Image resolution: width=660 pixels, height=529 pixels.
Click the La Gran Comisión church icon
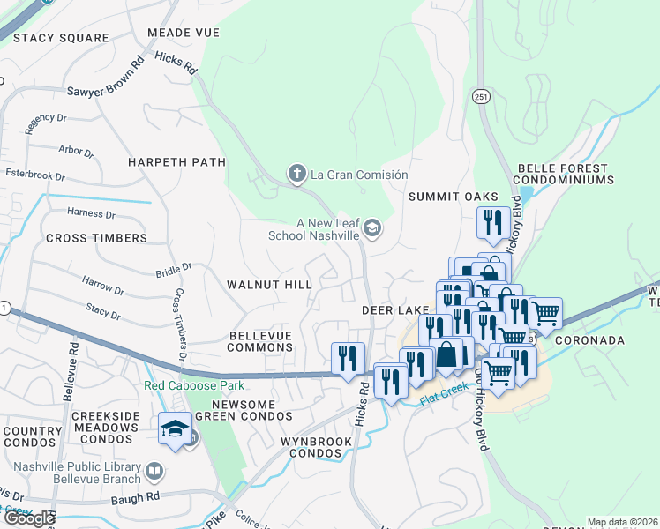pos(297,174)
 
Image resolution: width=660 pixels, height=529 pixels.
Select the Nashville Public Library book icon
pos(155,472)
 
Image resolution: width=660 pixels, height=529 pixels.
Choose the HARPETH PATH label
pos(176,162)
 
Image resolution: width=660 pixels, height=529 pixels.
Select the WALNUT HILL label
pos(269,285)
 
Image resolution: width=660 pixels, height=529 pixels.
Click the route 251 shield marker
pos(480,95)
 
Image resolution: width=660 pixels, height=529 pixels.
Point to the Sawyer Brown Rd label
pos(106,78)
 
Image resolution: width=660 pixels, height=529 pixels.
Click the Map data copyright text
pos(622,522)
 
